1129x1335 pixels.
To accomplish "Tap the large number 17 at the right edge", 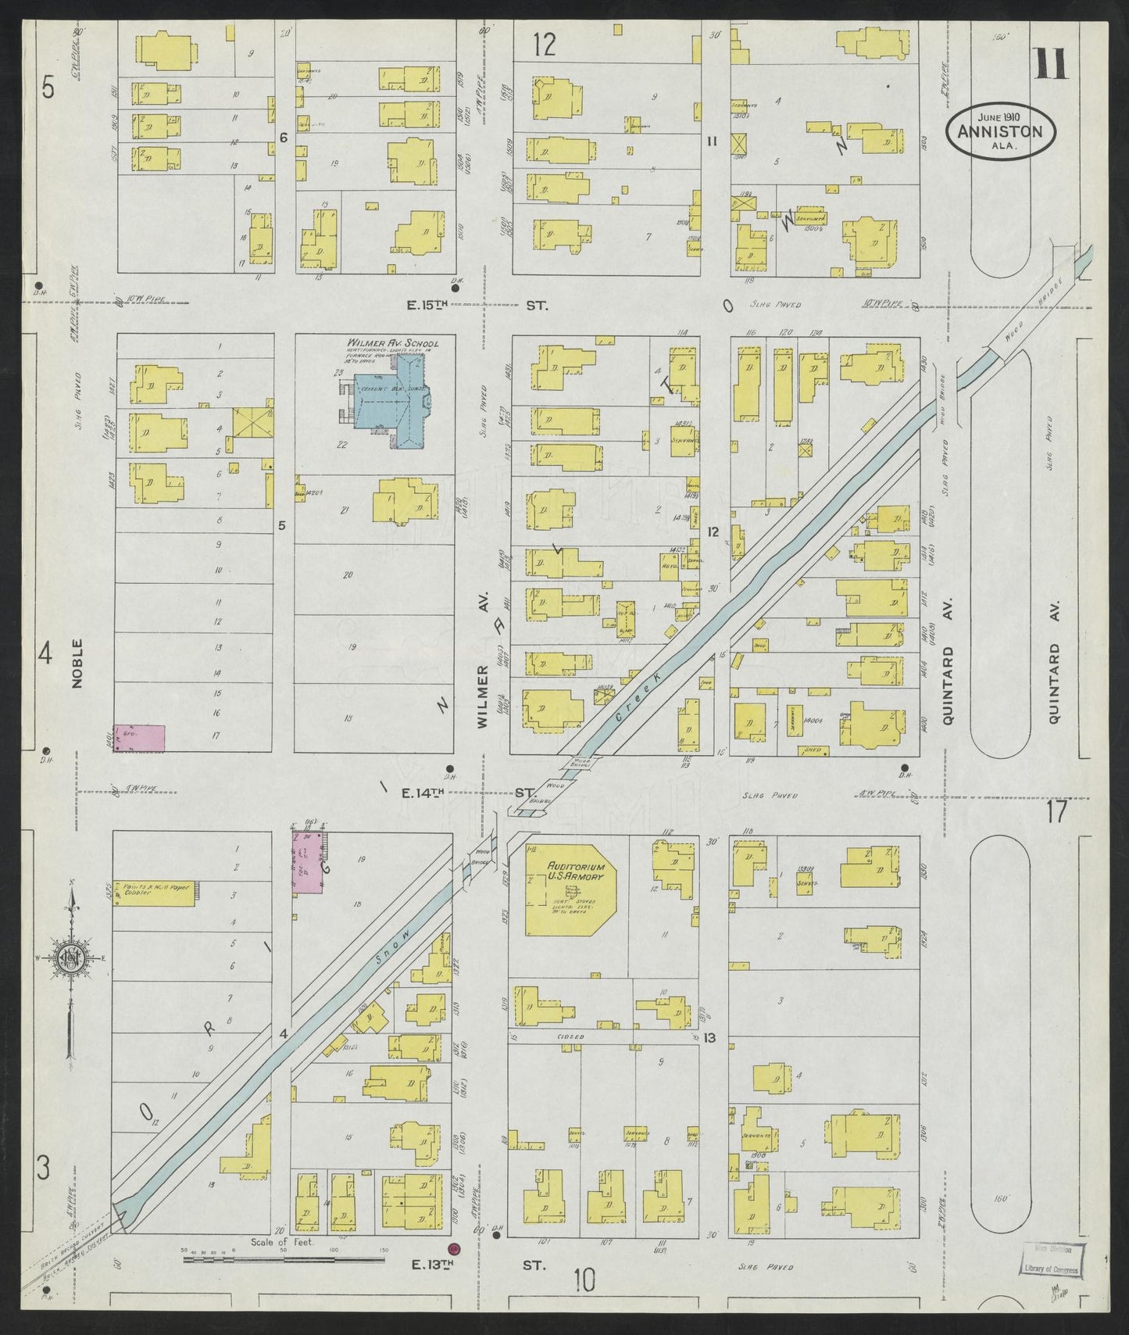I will coord(1056,813).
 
